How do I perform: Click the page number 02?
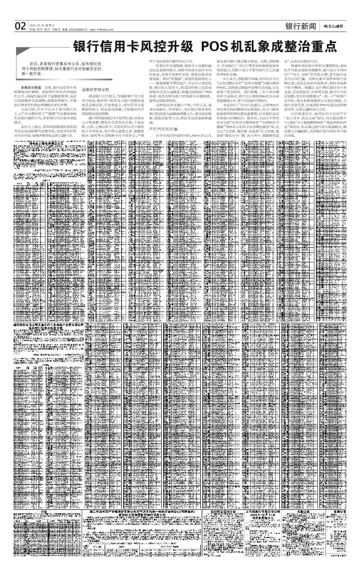pos(20,26)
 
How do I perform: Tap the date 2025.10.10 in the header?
pos(37,24)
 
